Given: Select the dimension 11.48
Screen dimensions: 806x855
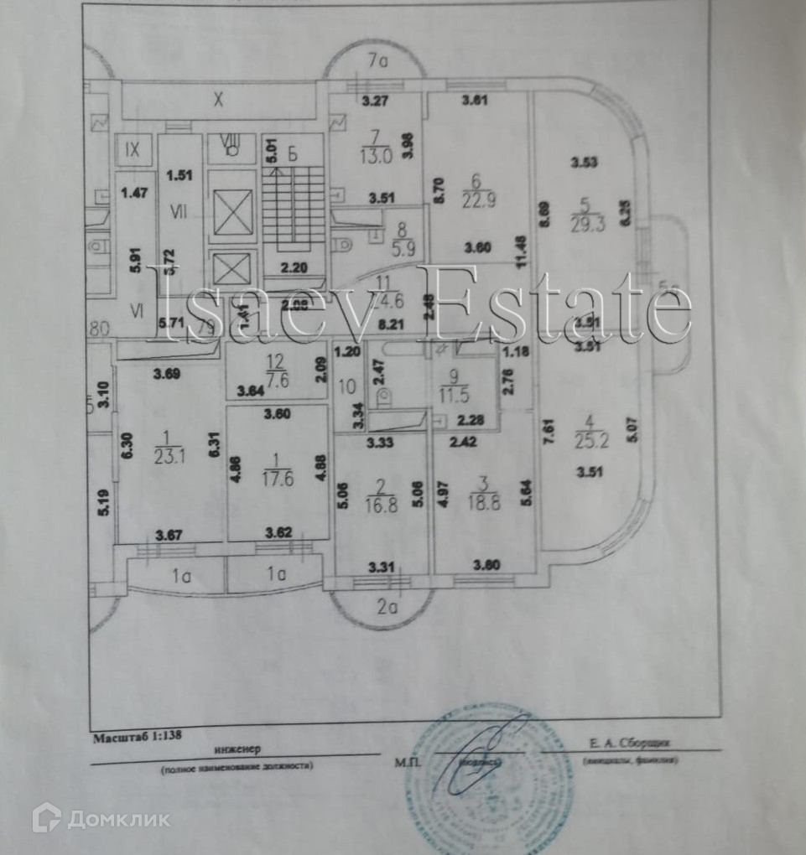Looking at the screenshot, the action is (520, 250).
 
